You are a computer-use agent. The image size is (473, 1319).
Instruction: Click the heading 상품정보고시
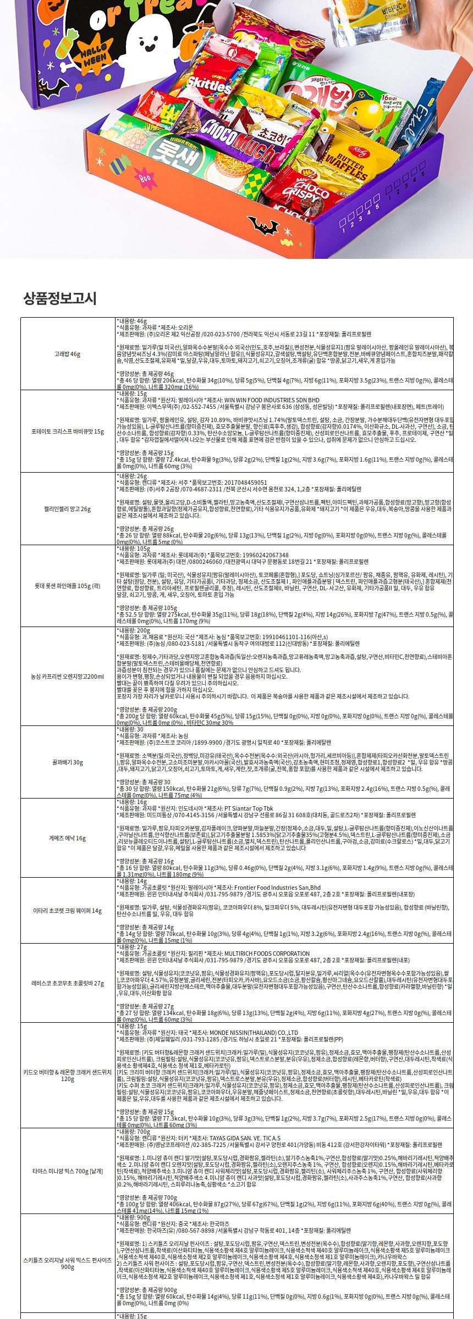[x=60, y=298]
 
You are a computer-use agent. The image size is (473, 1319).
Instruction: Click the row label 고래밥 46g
[x=68, y=354]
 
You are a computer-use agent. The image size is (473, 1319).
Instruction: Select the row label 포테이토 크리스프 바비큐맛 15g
[x=68, y=431]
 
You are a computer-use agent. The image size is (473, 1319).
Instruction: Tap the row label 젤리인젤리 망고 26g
[x=68, y=509]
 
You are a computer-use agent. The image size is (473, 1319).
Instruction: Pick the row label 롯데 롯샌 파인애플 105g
[x=68, y=586]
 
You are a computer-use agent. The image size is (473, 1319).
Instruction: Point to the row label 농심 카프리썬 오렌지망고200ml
[x=68, y=676]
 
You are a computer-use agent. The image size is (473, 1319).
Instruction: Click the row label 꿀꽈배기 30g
[x=68, y=762]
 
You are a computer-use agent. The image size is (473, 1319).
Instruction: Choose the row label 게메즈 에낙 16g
[x=68, y=838]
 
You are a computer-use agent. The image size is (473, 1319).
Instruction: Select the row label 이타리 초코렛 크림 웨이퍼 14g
[x=68, y=911]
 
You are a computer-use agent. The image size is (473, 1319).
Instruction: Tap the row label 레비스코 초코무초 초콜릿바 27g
[x=68, y=983]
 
